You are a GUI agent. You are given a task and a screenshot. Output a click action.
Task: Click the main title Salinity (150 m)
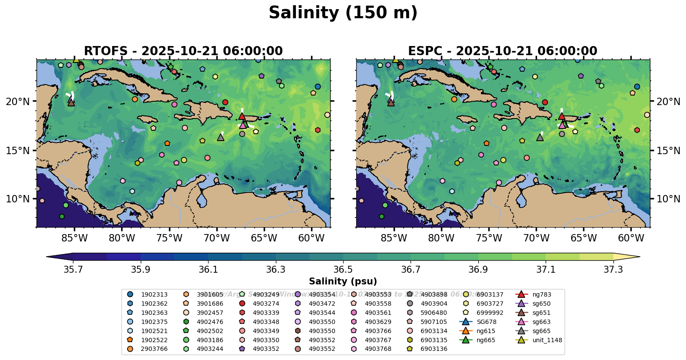(x=343, y=13)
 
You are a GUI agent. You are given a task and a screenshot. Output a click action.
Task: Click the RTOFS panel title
(x=183, y=51)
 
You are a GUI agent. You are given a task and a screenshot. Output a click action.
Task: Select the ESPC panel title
(x=502, y=51)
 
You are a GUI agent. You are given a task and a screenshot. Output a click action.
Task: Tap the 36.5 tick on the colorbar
(x=343, y=270)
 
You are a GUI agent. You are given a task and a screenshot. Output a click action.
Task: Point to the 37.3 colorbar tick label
(x=613, y=270)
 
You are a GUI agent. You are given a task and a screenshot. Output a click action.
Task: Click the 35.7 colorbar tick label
(x=73, y=270)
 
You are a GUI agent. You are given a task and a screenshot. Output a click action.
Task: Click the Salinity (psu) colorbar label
(x=343, y=281)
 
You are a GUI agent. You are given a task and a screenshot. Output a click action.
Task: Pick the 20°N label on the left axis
(x=18, y=102)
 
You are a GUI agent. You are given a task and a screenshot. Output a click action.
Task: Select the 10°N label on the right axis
(x=668, y=199)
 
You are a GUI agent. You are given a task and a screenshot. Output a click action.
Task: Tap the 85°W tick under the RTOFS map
(x=74, y=238)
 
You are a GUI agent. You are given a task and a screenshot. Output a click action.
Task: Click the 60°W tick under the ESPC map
(x=631, y=238)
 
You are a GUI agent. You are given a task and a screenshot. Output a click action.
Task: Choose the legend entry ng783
(x=541, y=294)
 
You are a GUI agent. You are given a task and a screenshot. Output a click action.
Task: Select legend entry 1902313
(x=154, y=294)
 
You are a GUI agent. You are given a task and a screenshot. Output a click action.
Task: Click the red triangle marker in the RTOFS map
(x=242, y=116)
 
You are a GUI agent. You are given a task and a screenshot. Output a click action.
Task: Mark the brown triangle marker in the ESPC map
(x=391, y=102)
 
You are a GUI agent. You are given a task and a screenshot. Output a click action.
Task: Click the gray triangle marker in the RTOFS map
(x=221, y=137)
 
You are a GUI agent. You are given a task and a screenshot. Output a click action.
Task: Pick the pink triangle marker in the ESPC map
(x=562, y=125)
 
